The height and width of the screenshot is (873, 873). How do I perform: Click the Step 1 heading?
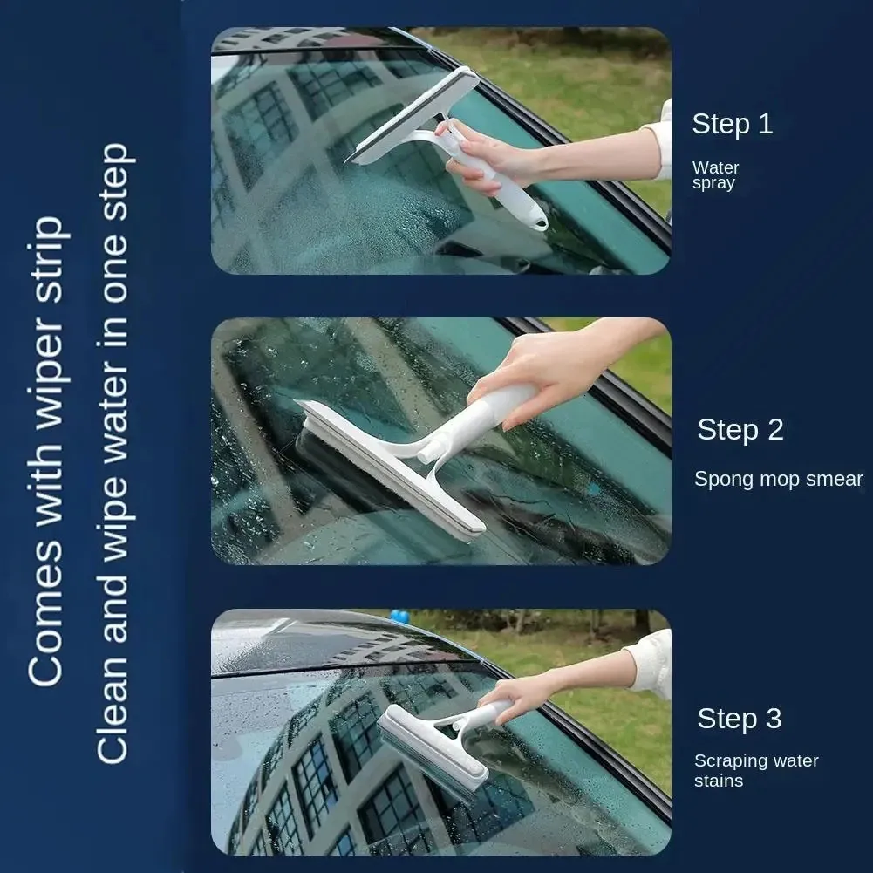pos(732,124)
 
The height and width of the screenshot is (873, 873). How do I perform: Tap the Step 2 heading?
pos(740,430)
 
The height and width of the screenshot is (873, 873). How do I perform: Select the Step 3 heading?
pos(740,719)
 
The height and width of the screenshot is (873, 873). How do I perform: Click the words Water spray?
pos(715,175)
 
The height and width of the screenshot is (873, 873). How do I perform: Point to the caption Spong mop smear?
pos(778,480)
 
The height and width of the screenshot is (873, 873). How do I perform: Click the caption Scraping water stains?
pos(756,771)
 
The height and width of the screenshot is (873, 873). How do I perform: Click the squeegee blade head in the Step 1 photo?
pos(411,116)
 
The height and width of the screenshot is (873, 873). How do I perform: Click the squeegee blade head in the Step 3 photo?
pos(433,753)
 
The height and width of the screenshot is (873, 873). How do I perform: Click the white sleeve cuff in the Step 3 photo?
pos(651,664)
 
